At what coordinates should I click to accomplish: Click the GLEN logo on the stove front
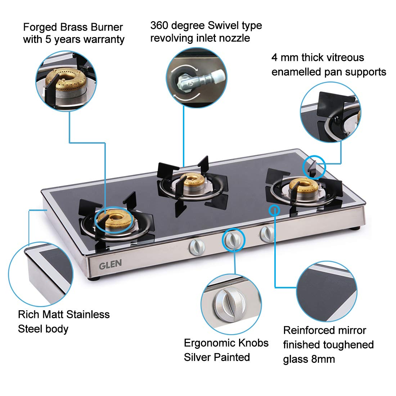(110, 265)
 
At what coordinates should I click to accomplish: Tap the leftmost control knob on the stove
(197, 247)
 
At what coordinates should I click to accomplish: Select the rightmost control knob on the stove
(267, 234)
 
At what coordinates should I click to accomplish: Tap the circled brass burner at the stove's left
(115, 219)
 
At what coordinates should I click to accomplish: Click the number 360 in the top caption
(159, 26)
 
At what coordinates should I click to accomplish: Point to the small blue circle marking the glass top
(274, 210)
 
